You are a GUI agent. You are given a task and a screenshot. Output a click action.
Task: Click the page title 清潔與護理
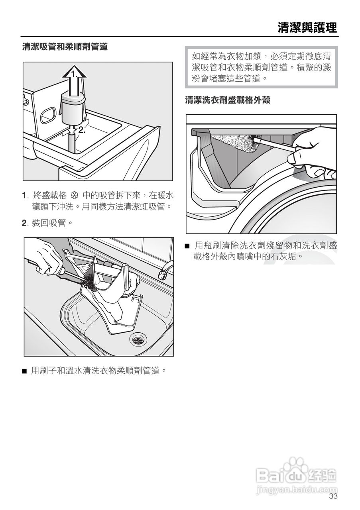coord(307,28)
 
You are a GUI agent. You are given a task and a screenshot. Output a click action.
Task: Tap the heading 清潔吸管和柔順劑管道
coord(65,47)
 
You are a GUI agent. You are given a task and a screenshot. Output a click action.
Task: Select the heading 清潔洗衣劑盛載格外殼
coord(228,100)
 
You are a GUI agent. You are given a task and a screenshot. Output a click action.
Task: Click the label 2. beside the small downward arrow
coord(82,130)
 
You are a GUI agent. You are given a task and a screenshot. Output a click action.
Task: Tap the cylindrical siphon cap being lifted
coord(73,109)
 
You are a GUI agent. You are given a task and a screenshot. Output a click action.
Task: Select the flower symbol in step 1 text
coord(75,196)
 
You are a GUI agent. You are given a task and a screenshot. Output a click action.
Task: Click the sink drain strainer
coord(138,340)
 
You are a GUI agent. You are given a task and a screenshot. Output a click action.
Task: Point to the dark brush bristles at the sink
coord(88,283)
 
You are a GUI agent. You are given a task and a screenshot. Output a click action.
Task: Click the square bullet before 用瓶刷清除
coord(187,246)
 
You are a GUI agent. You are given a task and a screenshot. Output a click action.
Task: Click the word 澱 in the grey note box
coord(327,68)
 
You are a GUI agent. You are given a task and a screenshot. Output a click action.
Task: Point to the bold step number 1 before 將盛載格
coord(24,196)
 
